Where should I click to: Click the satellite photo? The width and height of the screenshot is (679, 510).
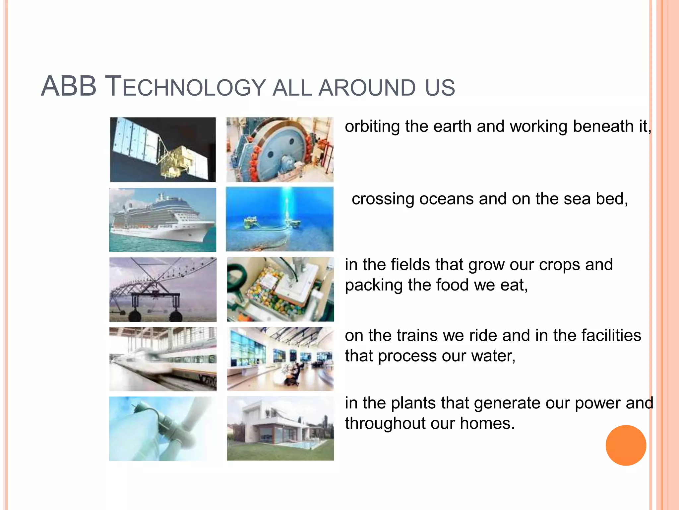[x=163, y=149]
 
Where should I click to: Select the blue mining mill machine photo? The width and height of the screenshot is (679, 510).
[x=280, y=149]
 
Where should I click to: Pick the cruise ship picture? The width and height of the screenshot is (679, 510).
[x=163, y=220]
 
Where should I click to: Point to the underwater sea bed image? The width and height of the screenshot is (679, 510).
[x=280, y=219]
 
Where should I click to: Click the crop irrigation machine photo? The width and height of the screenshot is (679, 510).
[x=163, y=290]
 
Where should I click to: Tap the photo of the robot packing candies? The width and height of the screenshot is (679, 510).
[x=280, y=290]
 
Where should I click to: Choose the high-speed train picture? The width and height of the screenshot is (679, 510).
[x=163, y=359]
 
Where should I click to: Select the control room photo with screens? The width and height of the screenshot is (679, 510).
[x=280, y=359]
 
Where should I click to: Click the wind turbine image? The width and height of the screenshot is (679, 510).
[x=163, y=428]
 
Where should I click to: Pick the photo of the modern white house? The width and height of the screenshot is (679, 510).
[x=280, y=428]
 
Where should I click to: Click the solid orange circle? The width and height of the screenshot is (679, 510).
[x=626, y=445]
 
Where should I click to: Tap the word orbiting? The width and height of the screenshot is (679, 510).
[x=372, y=127]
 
